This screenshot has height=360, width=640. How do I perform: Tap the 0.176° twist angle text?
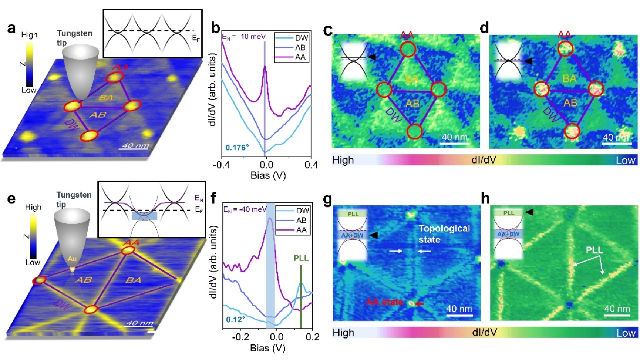coord(237,148)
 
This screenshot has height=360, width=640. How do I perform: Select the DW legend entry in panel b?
coord(302,38)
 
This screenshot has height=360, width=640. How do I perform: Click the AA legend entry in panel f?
coord(301,230)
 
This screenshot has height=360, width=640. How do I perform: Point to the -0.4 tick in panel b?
coord(221,165)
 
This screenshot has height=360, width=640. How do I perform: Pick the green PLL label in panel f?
coord(301,258)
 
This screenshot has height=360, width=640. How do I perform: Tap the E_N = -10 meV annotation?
coord(244,37)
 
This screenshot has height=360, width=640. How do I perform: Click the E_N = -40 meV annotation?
coord(245,209)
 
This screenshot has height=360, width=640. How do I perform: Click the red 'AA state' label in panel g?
coord(385,302)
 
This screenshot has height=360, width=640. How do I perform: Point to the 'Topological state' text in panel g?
coord(444,234)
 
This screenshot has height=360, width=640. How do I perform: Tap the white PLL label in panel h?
coord(594,250)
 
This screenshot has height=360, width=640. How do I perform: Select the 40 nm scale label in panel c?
coord(455,137)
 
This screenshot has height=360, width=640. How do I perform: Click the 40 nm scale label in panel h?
coord(617,309)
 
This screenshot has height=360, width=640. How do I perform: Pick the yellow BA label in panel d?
coord(570,78)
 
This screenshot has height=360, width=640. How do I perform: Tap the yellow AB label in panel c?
coord(412,104)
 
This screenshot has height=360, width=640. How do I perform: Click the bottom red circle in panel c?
coord(414,131)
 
